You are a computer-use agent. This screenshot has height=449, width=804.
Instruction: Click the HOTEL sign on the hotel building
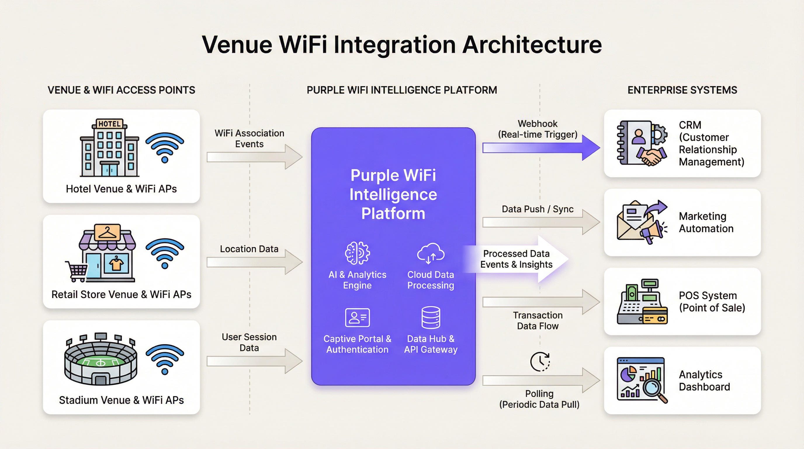click(110, 124)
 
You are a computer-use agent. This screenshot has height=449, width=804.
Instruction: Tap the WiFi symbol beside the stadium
click(165, 359)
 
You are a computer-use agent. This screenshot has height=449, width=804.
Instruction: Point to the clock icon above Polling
click(540, 362)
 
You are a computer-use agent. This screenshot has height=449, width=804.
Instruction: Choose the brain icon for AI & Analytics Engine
click(357, 253)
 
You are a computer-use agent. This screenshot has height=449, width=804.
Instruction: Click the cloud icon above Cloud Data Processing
click(431, 253)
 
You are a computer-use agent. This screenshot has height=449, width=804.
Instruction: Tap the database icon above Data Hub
click(431, 317)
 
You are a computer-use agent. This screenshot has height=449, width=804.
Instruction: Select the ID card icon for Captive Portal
click(357, 317)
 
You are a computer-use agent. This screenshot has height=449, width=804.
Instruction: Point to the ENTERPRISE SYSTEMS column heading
click(682, 90)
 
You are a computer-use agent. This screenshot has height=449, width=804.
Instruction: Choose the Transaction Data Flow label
click(538, 321)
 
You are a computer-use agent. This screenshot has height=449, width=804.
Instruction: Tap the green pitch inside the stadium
click(100, 363)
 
